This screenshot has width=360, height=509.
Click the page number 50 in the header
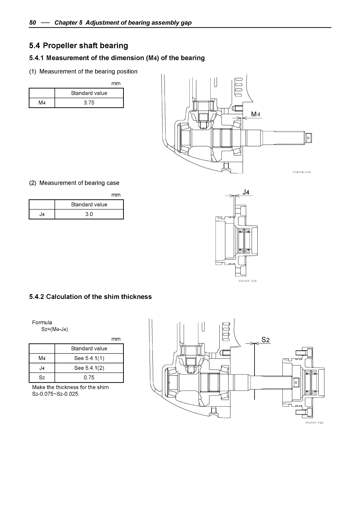33,23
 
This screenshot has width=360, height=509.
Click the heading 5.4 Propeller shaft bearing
78,46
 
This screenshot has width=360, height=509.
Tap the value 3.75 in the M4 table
89,103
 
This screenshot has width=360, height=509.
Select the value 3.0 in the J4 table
89,214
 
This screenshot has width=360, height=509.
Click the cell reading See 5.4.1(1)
89,358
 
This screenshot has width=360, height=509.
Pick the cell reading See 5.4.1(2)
89,368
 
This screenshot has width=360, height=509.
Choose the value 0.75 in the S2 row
89,377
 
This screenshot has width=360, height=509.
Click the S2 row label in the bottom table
42,377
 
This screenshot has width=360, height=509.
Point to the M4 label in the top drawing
255,114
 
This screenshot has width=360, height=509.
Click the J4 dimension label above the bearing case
246,192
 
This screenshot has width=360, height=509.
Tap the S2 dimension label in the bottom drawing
265,340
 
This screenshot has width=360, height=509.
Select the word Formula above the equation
42,322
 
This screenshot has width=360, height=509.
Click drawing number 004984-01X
302,172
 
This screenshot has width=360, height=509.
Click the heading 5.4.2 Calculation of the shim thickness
90,297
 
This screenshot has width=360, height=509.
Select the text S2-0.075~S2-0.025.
56,394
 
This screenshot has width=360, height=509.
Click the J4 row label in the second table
42,214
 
